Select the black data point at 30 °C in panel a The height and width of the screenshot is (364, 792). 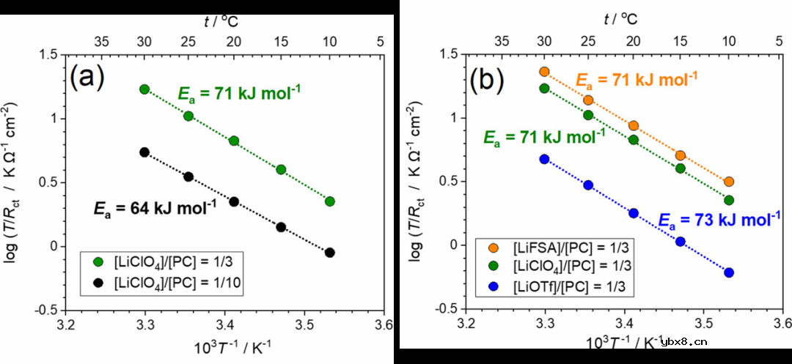pyautogui.click(x=144, y=152)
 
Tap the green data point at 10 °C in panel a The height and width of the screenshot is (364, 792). pyautogui.click(x=330, y=201)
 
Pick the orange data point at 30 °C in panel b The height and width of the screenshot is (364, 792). pyautogui.click(x=544, y=72)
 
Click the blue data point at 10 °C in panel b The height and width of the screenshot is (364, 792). pyautogui.click(x=729, y=272)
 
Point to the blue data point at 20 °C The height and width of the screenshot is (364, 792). pyautogui.click(x=634, y=213)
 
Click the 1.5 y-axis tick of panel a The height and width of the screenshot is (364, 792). pyautogui.click(x=48, y=54)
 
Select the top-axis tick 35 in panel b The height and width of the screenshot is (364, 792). pyautogui.click(x=504, y=41)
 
